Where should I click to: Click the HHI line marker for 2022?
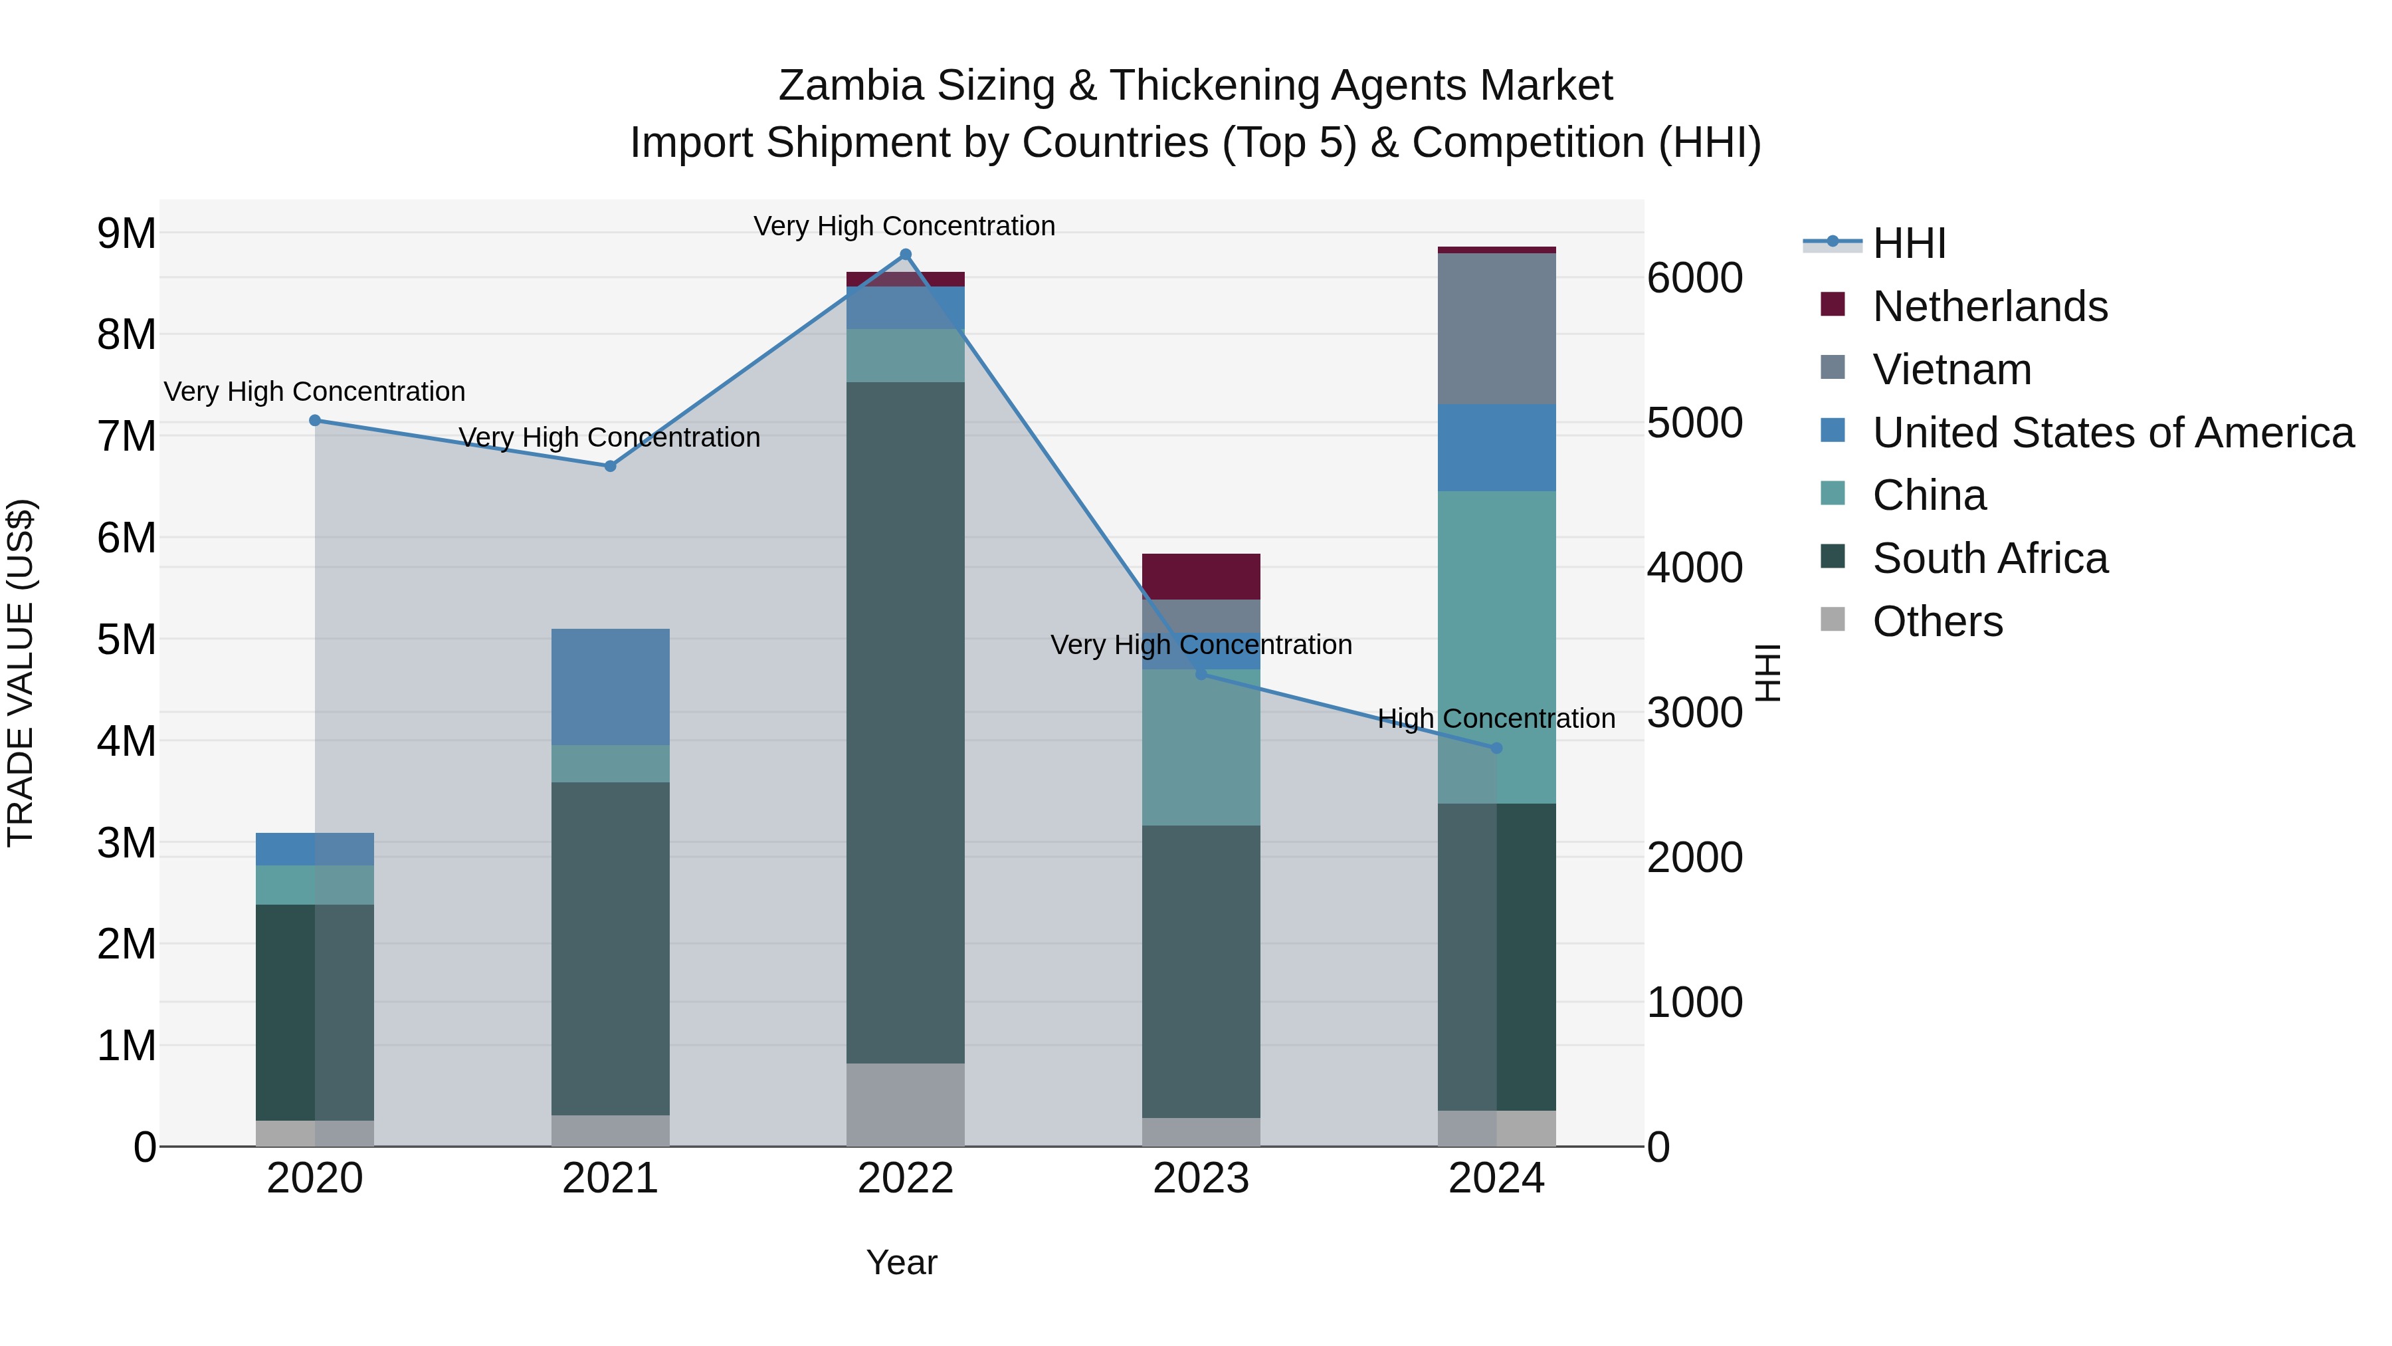(906, 255)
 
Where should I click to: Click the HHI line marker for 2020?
(315, 421)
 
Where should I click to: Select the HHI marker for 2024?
(1496, 748)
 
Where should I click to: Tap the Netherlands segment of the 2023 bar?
(1201, 577)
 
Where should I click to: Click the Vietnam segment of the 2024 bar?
(1496, 329)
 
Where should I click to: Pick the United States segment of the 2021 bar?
(610, 687)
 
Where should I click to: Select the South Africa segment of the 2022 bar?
(906, 723)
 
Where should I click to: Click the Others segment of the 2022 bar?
(906, 1105)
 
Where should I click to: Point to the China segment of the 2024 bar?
(1496, 647)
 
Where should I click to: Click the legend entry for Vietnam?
(1952, 370)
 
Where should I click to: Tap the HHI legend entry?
(1908, 243)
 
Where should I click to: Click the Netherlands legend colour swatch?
(1833, 304)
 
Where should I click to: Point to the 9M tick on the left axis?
(127, 233)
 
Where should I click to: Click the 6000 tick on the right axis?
(1694, 278)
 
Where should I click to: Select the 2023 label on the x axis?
(1201, 1178)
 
